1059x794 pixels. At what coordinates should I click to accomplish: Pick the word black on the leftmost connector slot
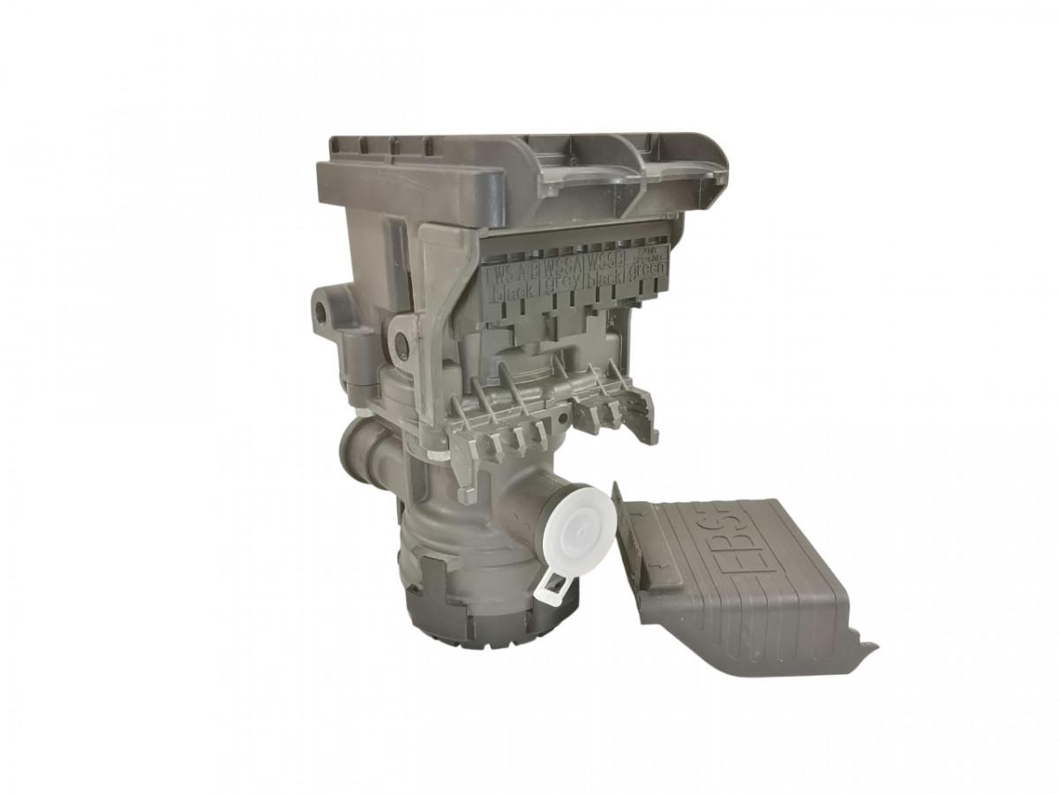[x=512, y=293]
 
